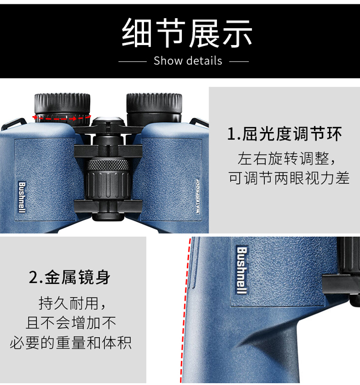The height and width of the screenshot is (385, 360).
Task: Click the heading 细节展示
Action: [187, 33]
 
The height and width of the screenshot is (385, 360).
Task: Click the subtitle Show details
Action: [188, 61]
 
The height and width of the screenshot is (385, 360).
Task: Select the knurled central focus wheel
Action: [108, 164]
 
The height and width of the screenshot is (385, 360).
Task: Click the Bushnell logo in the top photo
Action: [22, 198]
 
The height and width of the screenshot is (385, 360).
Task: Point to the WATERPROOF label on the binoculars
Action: [198, 196]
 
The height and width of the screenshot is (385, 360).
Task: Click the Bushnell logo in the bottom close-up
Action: [242, 270]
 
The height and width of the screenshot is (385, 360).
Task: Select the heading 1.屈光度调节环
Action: [285, 134]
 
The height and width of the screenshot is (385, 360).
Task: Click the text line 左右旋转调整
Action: [287, 159]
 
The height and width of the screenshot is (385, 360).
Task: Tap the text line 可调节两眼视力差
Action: [289, 178]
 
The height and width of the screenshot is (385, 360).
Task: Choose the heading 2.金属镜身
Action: [70, 277]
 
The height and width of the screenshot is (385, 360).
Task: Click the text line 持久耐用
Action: [72, 303]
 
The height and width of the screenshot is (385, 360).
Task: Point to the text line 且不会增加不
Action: [71, 323]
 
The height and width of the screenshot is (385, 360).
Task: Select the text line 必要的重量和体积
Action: [71, 342]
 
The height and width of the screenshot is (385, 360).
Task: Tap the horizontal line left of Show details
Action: [132, 61]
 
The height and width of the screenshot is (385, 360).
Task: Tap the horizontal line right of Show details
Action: [239, 61]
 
